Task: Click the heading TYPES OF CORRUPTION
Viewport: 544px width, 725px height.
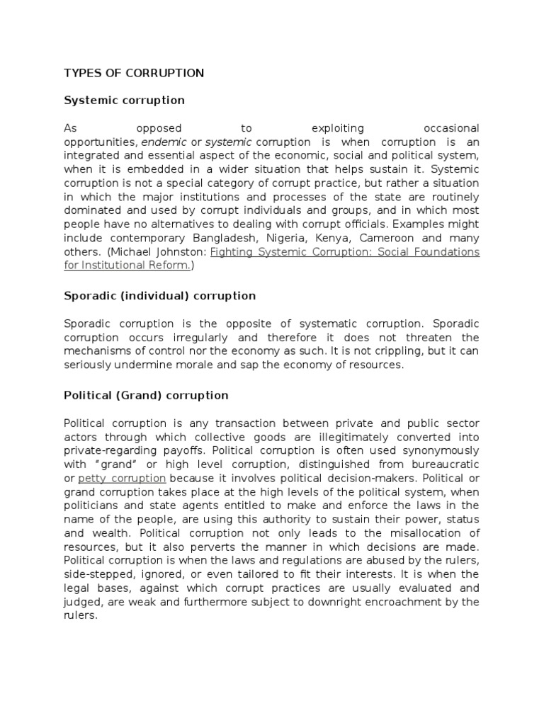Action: [x=134, y=73]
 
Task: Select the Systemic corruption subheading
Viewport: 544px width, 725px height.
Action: [x=124, y=101]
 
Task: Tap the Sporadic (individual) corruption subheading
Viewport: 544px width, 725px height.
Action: [x=159, y=295]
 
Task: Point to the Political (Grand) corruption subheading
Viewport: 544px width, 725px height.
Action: [x=146, y=395]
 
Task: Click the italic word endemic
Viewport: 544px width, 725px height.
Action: [x=164, y=142]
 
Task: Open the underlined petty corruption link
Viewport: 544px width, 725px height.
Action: [x=122, y=478]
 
